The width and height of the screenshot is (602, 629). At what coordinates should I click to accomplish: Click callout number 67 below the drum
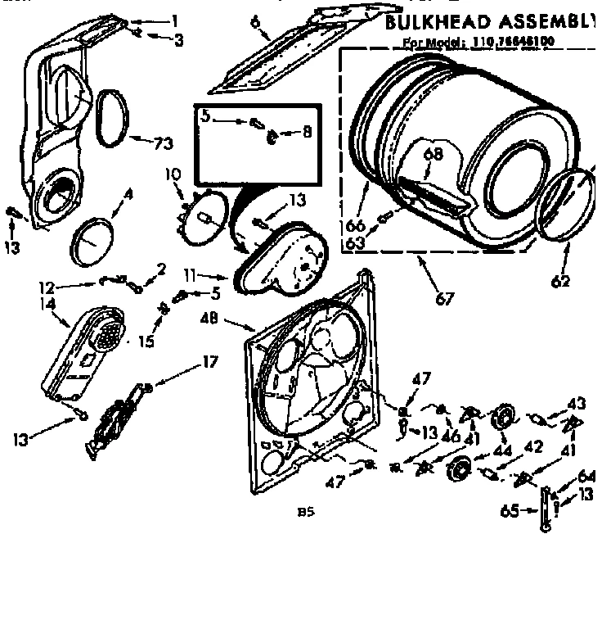445,300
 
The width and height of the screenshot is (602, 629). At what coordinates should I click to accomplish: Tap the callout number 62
560,283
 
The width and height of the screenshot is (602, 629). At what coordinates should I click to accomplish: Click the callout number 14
47,303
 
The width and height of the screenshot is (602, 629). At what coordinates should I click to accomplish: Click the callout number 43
577,403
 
